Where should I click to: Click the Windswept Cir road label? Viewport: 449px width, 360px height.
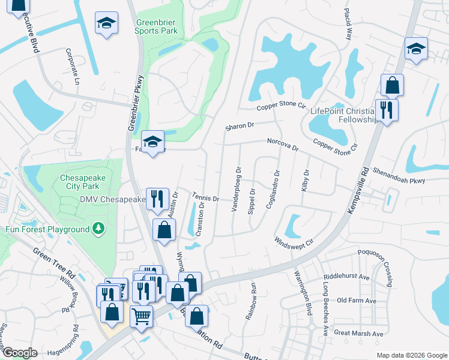294,242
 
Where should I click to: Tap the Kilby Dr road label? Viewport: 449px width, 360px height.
306,180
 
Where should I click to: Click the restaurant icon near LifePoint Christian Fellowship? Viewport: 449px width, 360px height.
384,110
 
